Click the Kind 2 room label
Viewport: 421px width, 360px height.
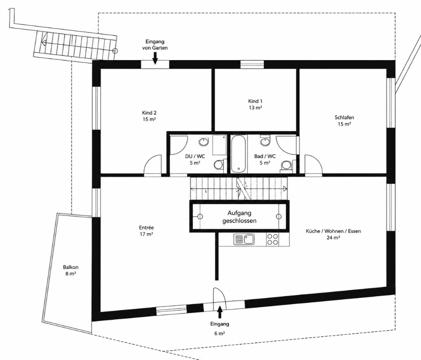pos(149,116)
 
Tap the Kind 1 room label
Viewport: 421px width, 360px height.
pos(255,104)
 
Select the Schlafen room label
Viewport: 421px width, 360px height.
pos(344,121)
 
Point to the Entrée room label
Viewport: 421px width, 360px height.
pos(146,231)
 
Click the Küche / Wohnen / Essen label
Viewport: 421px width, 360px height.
pos(333,234)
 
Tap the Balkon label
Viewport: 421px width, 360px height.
pos(71,270)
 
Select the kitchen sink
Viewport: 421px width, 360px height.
pos(244,239)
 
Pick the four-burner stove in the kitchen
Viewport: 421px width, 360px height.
pos(272,239)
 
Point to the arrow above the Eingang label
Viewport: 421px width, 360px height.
pos(220,312)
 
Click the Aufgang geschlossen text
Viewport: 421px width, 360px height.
pos(239,217)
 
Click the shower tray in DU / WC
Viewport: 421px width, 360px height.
pos(219,145)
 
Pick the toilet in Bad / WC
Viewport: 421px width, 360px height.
pos(287,165)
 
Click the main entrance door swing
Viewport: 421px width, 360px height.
pos(220,297)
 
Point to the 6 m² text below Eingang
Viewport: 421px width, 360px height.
pos(220,334)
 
